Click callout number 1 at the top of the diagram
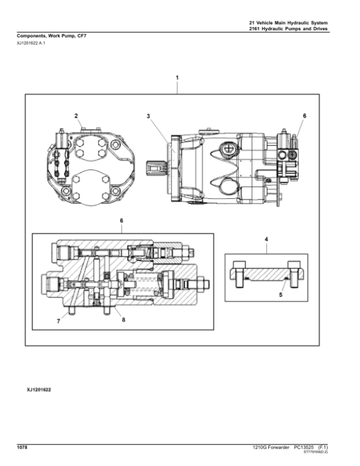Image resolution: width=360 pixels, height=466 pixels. click(177, 78)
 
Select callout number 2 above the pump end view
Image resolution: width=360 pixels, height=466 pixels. click(76, 115)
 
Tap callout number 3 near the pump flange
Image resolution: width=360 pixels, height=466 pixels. click(148, 115)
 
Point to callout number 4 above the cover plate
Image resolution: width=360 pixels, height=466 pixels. click(266, 240)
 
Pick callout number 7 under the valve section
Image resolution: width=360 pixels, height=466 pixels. click(59, 321)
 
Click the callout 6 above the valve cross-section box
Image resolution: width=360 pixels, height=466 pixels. click(121, 220)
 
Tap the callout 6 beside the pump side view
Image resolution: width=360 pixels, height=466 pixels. click(304, 115)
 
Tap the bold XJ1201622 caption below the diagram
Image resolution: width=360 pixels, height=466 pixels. click(39, 390)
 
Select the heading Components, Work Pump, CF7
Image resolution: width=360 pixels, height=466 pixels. click(51, 36)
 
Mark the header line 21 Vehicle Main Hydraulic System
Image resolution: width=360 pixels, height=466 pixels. click(288, 22)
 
